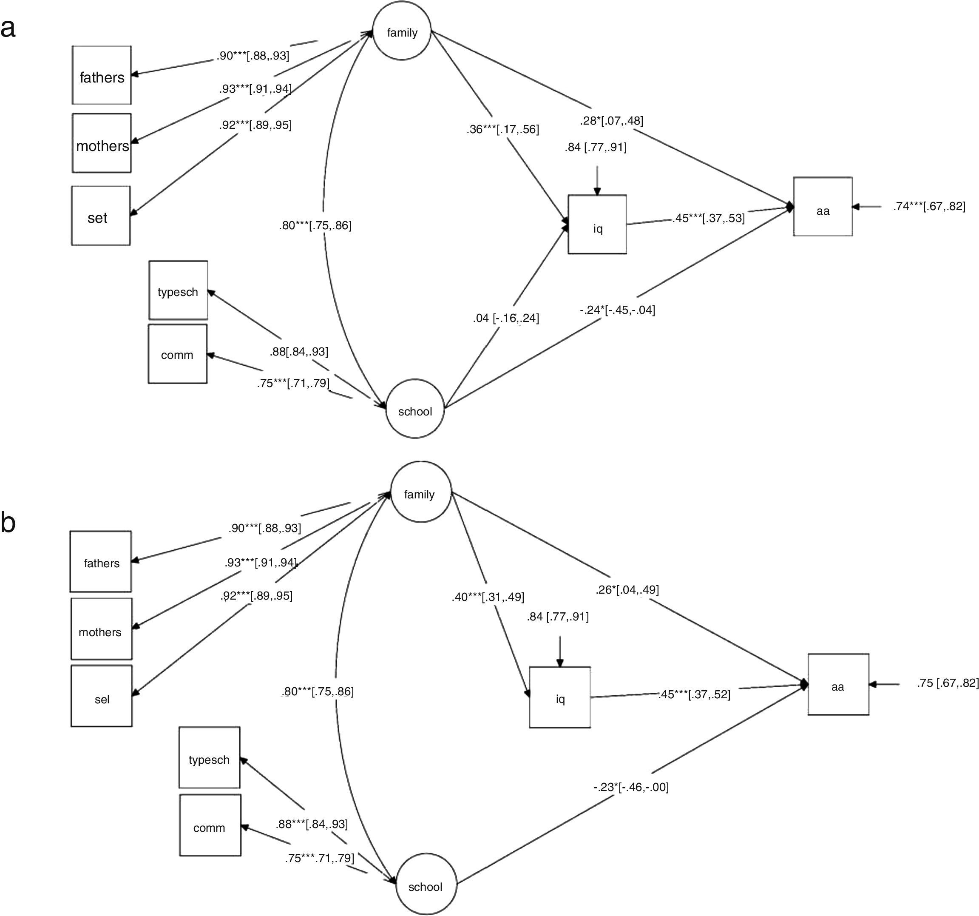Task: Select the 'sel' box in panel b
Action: point(102,696)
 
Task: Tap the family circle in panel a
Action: point(402,32)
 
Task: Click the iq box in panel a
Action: point(597,225)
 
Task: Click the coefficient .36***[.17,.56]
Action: point(503,130)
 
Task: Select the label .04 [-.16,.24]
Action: point(506,319)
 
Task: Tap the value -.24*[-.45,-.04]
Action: point(617,310)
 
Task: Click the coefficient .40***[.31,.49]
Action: point(488,597)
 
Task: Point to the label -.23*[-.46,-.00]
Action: point(631,787)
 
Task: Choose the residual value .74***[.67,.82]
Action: point(929,206)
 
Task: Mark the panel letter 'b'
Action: point(9,522)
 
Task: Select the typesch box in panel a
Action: point(178,291)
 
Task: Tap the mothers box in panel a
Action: point(102,144)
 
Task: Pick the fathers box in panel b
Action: point(101,562)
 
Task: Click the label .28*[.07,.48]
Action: point(611,121)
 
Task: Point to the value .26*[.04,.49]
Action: point(627,589)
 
